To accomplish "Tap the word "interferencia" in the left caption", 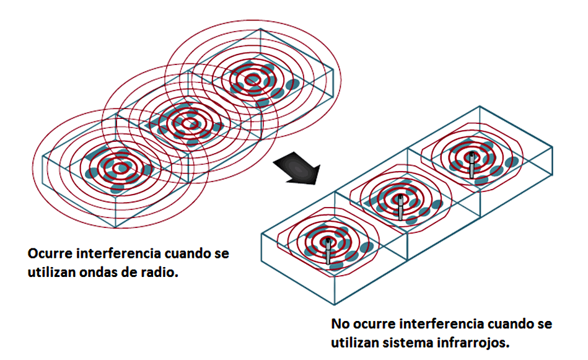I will click(x=120, y=255).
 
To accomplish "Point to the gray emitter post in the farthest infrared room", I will click(x=472, y=165).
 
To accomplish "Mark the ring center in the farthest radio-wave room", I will click(x=252, y=79).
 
